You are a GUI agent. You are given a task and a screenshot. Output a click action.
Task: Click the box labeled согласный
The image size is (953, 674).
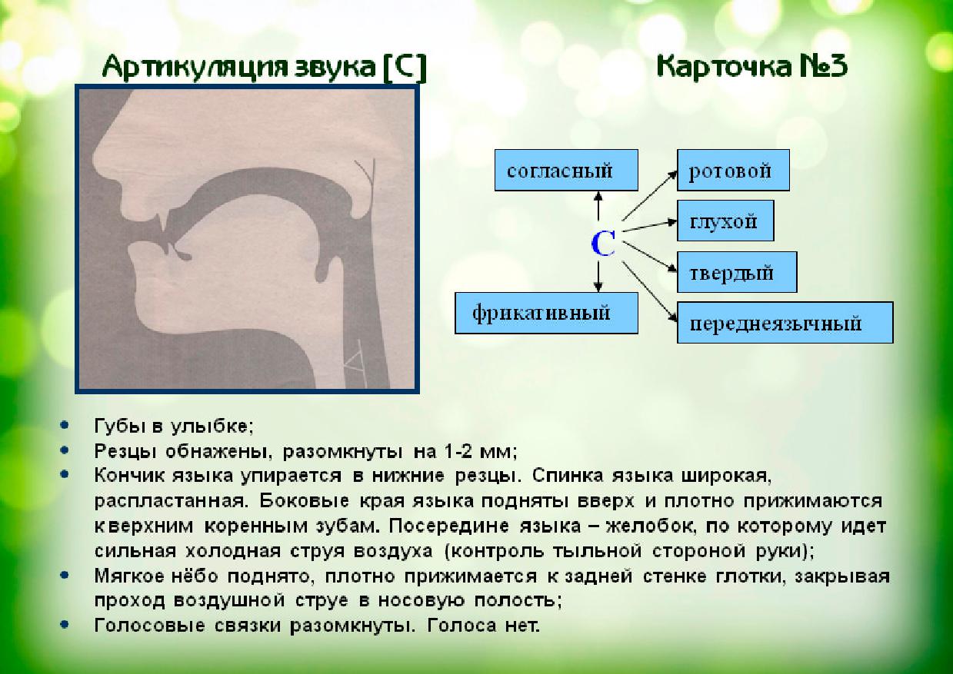click(x=566, y=170)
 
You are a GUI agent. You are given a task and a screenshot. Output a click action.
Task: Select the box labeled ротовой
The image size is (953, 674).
click(x=733, y=170)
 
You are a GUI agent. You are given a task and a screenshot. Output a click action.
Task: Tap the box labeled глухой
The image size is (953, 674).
click(x=725, y=221)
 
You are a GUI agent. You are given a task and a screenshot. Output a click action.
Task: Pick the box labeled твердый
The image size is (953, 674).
click(x=736, y=272)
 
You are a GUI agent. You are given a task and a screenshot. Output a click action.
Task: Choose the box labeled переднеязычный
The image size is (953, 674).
click(x=785, y=323)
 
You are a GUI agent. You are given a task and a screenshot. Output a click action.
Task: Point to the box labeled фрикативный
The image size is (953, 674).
click(x=546, y=313)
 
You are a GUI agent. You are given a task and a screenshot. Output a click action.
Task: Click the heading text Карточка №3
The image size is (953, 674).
click(x=751, y=67)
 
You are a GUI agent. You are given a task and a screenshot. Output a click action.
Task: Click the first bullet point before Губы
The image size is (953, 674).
click(x=68, y=424)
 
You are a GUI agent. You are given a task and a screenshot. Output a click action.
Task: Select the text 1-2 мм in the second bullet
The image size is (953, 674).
click(x=480, y=450)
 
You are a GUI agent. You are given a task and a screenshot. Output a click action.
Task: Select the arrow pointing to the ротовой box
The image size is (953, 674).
click(x=648, y=194)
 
